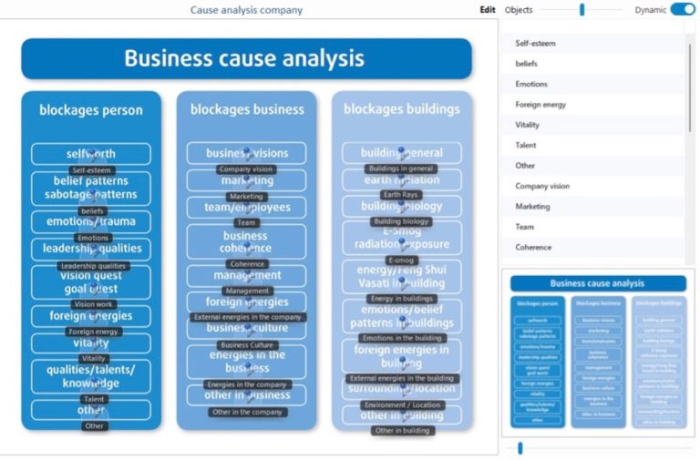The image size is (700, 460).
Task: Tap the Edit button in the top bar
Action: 488,10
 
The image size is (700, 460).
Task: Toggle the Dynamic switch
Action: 682,10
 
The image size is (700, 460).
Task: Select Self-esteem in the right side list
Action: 536,43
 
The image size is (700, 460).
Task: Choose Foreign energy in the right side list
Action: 540,104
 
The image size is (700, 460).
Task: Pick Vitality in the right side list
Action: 528,125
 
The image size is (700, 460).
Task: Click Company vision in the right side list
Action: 542,186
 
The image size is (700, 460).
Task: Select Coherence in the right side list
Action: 533,247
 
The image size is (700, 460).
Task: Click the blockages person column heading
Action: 91,110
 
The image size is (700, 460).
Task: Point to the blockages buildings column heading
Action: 402,109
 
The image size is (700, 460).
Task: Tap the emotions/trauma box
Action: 91,221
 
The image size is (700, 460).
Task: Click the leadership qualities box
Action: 91,249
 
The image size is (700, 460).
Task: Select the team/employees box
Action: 246,208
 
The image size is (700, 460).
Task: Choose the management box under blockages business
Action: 246,275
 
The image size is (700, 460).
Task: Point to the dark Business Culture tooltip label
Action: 247,345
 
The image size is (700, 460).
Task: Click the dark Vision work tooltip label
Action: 94,304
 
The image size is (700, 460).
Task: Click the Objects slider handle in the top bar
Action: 582,10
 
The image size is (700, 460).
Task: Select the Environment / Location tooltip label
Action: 402,404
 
